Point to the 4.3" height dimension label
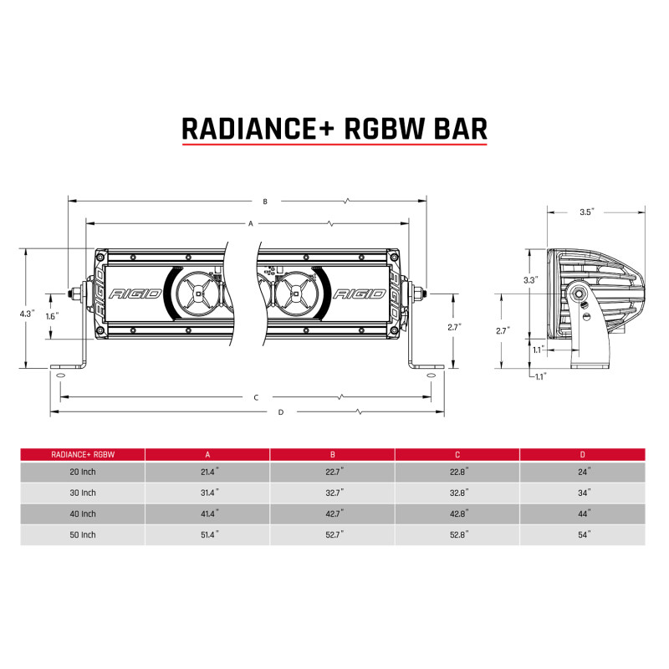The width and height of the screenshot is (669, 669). [x=27, y=314]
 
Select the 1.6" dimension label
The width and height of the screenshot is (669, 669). [x=52, y=317]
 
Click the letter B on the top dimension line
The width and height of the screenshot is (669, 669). [x=265, y=202]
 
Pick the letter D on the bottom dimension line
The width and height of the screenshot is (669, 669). [x=280, y=411]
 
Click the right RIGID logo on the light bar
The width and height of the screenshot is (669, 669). [x=360, y=294]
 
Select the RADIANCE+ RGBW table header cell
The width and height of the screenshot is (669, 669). [x=83, y=454]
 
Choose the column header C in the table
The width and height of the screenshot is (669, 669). [x=457, y=454]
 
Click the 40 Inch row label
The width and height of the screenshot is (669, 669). [x=83, y=513]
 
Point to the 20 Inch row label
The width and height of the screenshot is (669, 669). [x=83, y=472]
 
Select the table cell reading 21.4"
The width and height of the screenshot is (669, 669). [x=207, y=472]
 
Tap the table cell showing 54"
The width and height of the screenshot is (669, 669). [x=583, y=534]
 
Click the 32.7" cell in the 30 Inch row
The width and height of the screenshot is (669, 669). [x=333, y=493]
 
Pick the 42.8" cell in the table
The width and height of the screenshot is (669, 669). [x=457, y=513]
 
